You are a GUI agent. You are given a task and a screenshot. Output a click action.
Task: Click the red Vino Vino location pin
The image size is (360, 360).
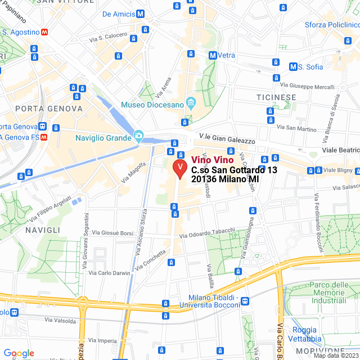click(x=179, y=168)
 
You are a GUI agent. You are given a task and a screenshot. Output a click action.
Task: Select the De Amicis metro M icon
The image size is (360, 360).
click(x=140, y=13)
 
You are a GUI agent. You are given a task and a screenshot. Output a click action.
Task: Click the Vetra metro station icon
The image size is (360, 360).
click(x=213, y=55)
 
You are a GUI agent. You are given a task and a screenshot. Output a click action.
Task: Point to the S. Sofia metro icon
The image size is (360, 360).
click(x=293, y=67)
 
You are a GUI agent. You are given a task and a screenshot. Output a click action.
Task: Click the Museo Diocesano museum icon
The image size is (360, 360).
click(x=191, y=104)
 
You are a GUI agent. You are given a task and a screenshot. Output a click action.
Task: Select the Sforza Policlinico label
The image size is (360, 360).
click(x=332, y=25)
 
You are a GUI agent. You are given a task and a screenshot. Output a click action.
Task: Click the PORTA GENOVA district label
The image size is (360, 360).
click(x=49, y=109)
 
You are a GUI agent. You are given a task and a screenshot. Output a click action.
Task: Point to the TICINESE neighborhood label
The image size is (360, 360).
click(x=276, y=97)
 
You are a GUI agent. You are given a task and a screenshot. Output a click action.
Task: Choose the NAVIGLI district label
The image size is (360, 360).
click(x=42, y=230)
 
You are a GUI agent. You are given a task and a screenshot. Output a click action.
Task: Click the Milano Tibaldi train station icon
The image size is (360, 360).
click(x=245, y=301)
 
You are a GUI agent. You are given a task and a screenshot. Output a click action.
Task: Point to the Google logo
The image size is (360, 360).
click(x=19, y=353)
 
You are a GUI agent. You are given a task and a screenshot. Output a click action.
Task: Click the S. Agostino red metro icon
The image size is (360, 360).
click(x=44, y=33)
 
